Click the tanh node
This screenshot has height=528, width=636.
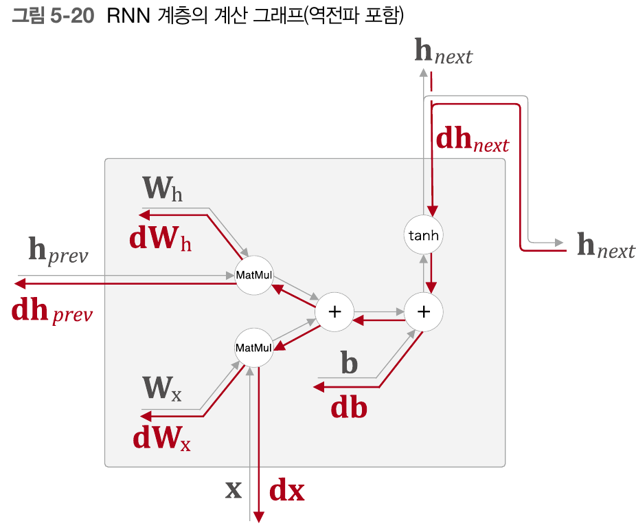[423, 236]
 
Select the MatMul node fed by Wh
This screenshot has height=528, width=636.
[254, 275]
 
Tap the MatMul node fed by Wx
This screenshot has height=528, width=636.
[254, 348]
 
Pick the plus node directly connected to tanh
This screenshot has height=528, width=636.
[424, 311]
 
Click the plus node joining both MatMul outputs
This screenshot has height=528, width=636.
[334, 311]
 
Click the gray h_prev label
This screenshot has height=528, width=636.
[58, 251]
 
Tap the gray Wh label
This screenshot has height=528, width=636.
[162, 188]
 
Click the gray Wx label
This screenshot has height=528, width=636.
[162, 389]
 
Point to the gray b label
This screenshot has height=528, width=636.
[350, 362]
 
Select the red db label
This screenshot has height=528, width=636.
[349, 408]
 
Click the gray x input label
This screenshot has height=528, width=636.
[234, 489]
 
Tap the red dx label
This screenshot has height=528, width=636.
[286, 490]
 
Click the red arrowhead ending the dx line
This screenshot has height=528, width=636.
[259, 516]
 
